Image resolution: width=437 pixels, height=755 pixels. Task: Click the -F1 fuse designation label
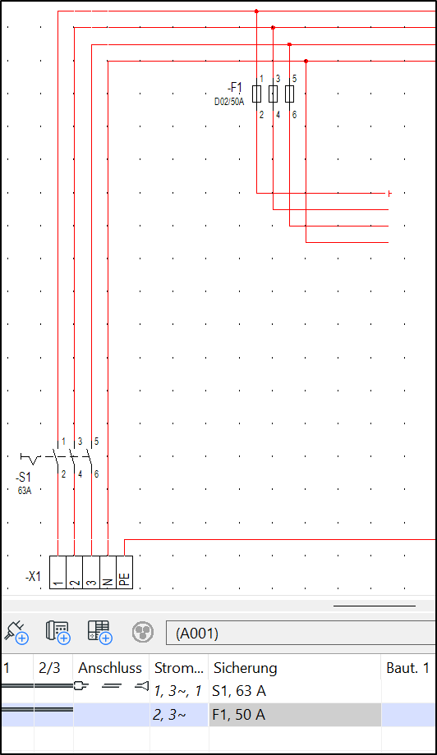click(235, 88)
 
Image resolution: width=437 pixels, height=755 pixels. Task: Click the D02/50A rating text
click(229, 102)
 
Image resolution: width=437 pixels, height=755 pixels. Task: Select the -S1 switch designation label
click(23, 478)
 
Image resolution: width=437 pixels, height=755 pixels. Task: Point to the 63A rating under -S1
click(25, 491)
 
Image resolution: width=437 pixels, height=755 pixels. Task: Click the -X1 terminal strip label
click(33, 576)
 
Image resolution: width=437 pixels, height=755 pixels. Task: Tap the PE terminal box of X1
click(124, 572)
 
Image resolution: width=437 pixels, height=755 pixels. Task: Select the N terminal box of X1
click(108, 572)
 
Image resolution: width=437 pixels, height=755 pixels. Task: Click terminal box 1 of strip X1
click(57, 572)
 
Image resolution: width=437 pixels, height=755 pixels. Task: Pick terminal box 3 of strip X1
click(91, 572)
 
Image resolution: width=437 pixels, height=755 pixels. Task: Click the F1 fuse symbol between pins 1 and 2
click(257, 94)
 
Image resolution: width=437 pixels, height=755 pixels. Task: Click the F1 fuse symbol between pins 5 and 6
click(290, 94)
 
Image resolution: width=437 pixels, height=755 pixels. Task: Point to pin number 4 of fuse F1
click(278, 115)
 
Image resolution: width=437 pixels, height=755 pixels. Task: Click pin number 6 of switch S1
click(96, 474)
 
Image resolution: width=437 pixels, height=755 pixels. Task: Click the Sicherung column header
click(246, 668)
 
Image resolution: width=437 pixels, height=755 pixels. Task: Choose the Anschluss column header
click(110, 668)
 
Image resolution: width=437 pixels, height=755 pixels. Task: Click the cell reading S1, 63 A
click(239, 691)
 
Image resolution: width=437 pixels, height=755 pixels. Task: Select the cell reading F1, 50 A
click(238, 715)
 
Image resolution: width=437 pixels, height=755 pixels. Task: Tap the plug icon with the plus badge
click(16, 632)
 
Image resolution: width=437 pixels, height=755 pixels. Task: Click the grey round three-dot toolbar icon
click(143, 632)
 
